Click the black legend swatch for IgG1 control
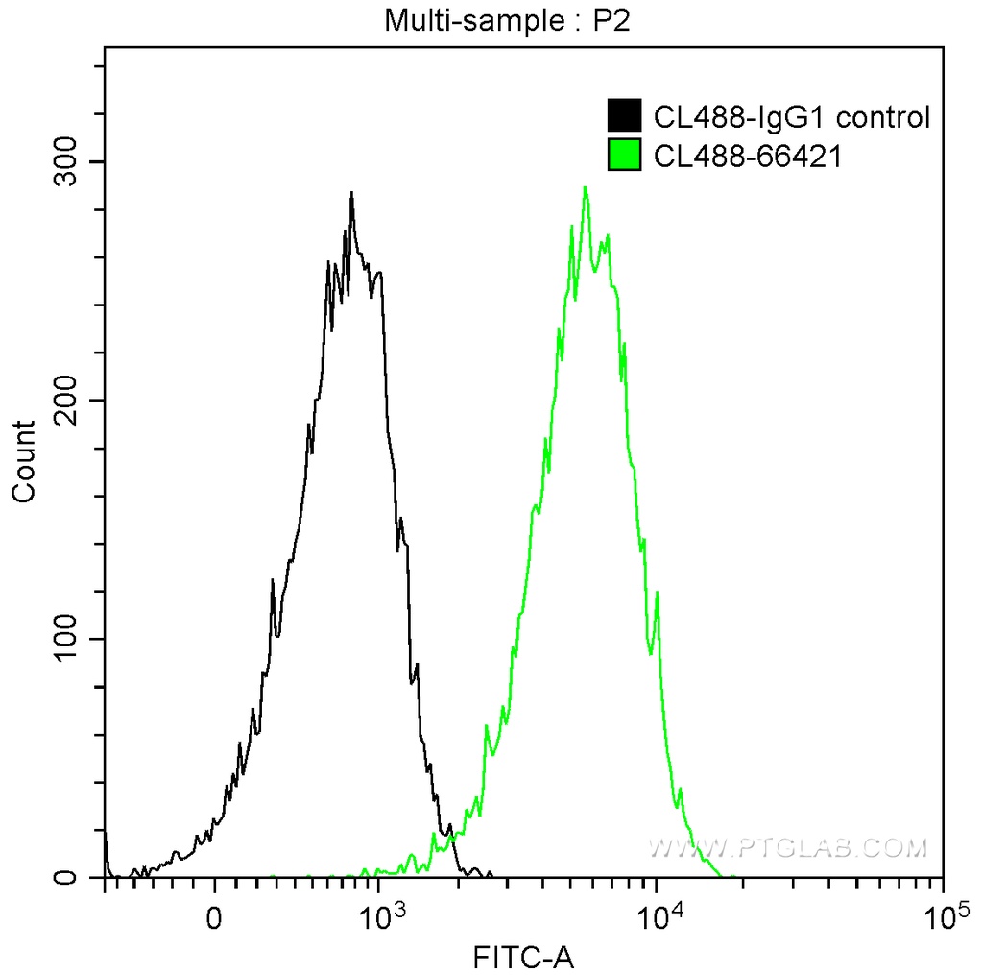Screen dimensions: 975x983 point(625,117)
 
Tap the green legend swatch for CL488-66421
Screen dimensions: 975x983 point(625,155)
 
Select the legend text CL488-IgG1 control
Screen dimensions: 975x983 point(791,117)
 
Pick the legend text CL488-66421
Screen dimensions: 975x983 point(748,155)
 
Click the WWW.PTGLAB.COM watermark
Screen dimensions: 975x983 point(787,847)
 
